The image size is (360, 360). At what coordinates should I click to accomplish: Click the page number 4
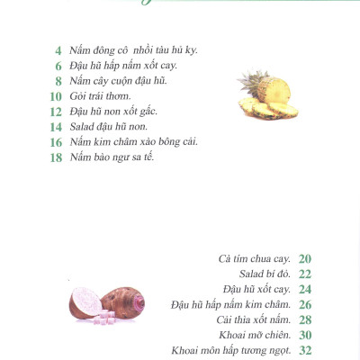coord(58,49)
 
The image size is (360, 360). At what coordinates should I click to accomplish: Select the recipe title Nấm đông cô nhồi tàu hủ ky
coord(133,49)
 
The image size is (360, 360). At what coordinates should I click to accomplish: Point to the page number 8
coord(58,80)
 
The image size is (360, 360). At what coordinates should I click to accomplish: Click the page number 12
coord(56,111)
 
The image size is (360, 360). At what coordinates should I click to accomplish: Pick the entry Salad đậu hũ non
coord(107,126)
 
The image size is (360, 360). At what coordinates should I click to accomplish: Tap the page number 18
coord(56,157)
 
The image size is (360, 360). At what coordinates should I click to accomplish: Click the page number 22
coord(305,274)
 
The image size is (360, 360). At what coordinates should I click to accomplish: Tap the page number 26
coord(305,304)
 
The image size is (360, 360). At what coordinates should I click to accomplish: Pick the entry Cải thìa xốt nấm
coord(253,319)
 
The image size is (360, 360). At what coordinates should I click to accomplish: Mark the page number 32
coord(305,350)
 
